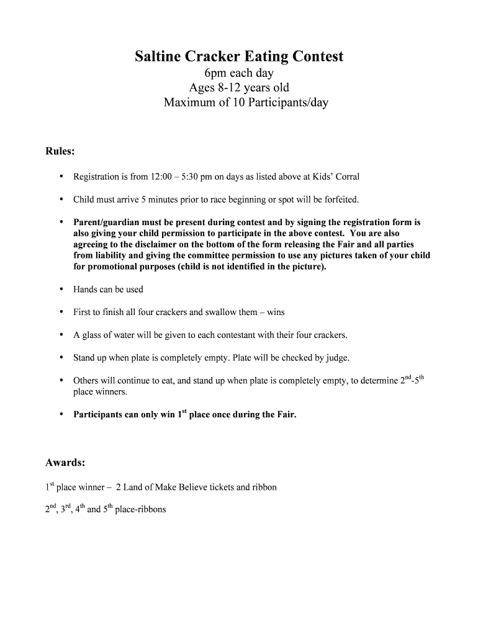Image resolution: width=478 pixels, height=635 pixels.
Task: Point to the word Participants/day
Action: [x=287, y=102]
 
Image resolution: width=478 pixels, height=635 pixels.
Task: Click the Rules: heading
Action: [x=60, y=151]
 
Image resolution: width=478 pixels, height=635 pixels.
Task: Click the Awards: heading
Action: [x=65, y=463]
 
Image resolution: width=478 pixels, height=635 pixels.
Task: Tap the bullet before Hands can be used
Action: [x=61, y=289]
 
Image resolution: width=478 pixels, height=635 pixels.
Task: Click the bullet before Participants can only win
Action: [x=61, y=414]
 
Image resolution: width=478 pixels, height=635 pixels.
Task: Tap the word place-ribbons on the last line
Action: [x=140, y=510]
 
